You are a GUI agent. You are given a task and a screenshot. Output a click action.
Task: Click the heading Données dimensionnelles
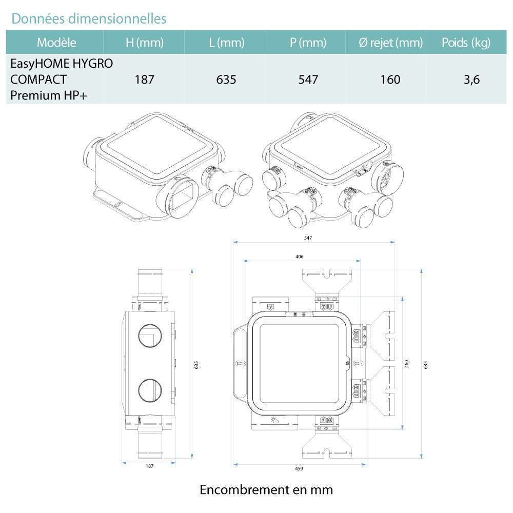tap(89, 18)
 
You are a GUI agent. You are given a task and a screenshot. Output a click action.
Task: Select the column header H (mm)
tap(144, 43)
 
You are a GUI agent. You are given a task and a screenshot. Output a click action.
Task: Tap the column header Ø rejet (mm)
tap(390, 43)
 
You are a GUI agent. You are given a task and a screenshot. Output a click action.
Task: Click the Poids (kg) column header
tap(466, 43)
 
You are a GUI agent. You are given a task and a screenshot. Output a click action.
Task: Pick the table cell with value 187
tap(144, 80)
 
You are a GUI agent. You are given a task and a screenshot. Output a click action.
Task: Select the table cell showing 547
tap(308, 80)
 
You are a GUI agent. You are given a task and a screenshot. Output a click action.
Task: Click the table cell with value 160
tap(390, 80)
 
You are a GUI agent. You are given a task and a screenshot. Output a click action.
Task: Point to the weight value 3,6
tap(471, 80)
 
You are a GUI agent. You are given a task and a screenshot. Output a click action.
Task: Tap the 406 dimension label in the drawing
tap(299, 256)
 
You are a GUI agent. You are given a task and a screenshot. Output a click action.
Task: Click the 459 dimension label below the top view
tap(299, 468)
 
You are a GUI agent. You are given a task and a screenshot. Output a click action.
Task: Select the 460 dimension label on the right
tap(406, 364)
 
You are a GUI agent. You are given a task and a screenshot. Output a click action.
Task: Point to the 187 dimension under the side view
tap(149, 466)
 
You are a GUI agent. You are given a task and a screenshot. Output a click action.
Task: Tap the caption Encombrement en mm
tap(266, 489)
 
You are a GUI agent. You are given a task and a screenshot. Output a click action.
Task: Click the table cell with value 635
tap(226, 80)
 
